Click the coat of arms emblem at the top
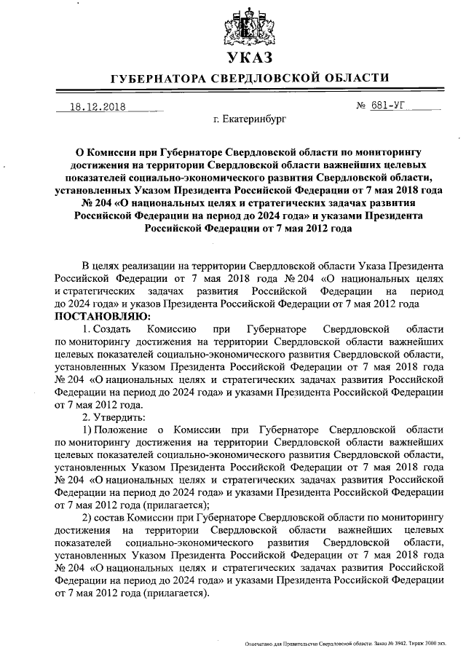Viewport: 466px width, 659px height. click(x=248, y=26)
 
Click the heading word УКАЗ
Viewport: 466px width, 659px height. click(x=248, y=58)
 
